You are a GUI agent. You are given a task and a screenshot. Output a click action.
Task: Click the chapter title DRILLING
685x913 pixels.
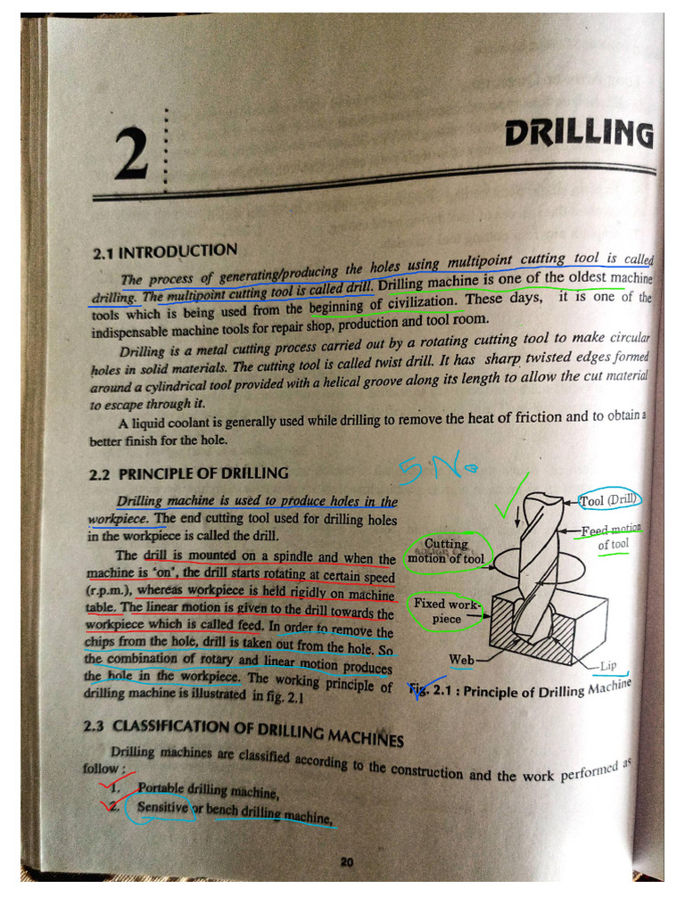tap(578, 135)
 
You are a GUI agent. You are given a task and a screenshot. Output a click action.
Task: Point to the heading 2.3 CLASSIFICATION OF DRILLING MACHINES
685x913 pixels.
tap(243, 731)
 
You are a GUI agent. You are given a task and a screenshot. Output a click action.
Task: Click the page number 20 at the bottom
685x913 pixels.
tap(347, 861)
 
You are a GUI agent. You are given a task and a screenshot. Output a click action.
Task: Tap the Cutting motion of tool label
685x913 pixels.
tap(446, 551)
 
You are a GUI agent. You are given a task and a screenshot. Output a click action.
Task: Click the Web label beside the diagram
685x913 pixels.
tap(461, 660)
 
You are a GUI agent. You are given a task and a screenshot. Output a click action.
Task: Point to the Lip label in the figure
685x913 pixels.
tap(608, 666)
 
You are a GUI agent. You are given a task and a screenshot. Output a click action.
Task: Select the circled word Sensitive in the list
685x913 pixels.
tap(162, 808)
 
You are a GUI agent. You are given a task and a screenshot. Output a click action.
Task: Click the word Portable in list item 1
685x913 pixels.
tap(161, 790)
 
